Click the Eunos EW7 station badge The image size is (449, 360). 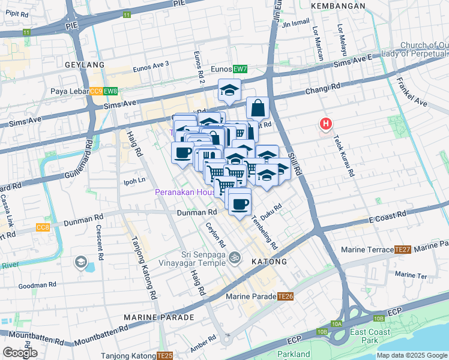click(240, 70)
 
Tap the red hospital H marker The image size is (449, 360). click(325, 124)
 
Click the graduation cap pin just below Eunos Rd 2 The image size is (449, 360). click(229, 91)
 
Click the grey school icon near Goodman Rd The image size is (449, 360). click(80, 262)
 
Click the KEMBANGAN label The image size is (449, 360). click(338, 5)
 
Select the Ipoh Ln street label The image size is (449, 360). click(134, 181)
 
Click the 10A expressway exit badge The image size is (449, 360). click(336, 324)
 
